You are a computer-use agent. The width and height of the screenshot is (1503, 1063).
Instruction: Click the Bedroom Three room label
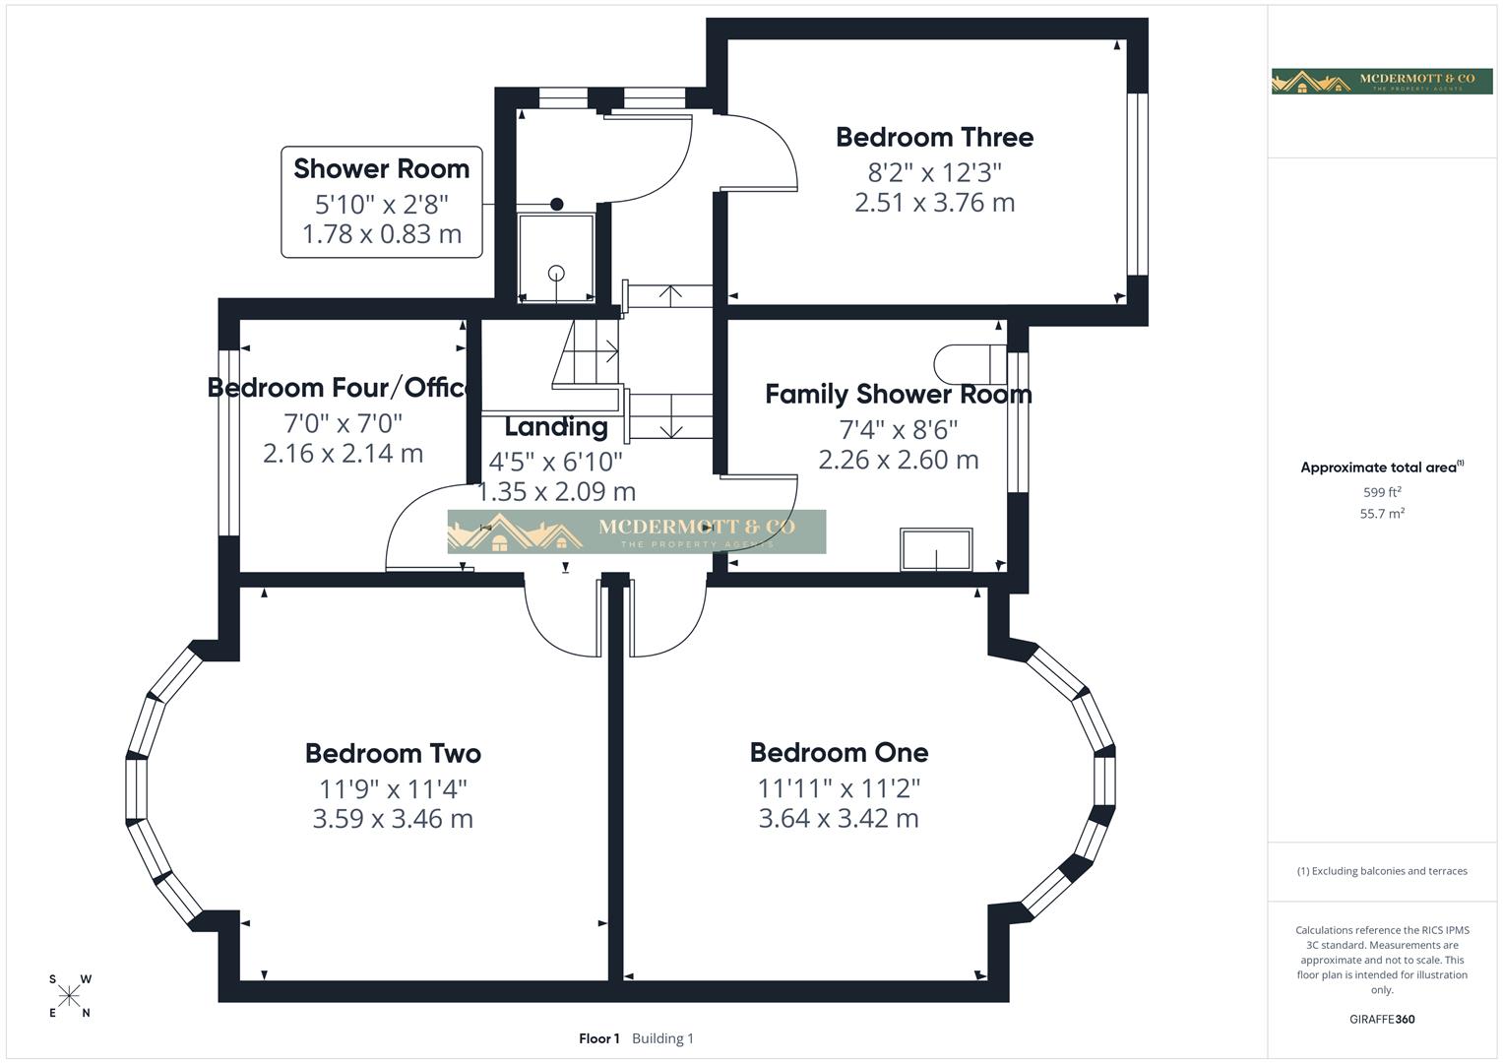point(934,137)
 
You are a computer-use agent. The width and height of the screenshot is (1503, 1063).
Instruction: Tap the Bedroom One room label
point(839,752)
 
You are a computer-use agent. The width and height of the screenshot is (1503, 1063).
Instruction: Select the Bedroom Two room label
point(393,753)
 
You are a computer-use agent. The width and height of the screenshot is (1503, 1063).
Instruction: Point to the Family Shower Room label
point(898,394)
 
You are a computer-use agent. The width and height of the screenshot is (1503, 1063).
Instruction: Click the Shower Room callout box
point(382,202)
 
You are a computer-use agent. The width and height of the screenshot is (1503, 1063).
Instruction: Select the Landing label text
point(555,426)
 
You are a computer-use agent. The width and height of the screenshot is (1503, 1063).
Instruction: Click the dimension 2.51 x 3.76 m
point(934,203)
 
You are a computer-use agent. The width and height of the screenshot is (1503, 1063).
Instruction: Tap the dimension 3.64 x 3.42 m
point(839,818)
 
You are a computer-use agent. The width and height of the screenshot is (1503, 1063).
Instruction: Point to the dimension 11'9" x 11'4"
point(393,788)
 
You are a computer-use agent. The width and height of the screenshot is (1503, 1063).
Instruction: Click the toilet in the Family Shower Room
point(970,363)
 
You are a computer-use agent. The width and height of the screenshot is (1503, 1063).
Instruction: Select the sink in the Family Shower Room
point(936,550)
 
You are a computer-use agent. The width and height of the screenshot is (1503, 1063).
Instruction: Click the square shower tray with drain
point(556,257)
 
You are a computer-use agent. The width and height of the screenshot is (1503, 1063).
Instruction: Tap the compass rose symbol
point(70,996)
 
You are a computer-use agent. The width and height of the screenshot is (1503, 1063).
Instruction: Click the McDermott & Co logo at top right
point(1381,81)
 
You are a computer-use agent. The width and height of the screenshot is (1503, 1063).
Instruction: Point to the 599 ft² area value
point(1382,492)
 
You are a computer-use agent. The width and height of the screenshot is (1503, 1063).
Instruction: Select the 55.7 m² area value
point(1382,514)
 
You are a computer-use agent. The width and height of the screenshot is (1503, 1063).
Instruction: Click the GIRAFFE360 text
point(1382,1019)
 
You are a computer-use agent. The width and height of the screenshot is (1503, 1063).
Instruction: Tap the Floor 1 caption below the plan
point(598,1038)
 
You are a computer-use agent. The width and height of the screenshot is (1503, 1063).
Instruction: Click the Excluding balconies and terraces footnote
point(1382,871)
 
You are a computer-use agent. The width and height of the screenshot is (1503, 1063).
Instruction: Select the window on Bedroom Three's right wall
point(1137,184)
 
